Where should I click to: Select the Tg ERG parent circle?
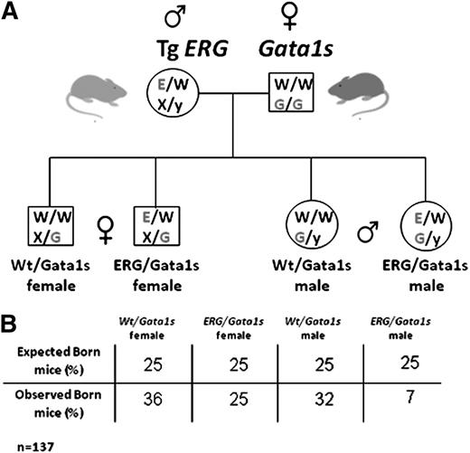click(x=173, y=90)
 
